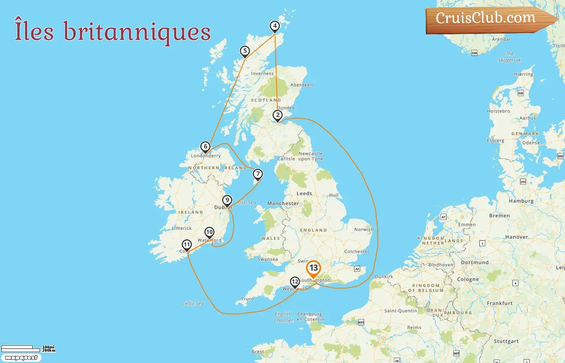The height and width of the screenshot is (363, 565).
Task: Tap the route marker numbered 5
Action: (245, 51)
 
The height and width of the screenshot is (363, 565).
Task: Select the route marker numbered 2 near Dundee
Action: (278, 115)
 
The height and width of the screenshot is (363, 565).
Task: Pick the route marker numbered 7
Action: (257, 174)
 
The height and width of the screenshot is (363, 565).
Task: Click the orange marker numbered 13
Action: (314, 268)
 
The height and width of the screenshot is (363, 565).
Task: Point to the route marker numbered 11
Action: (186, 245)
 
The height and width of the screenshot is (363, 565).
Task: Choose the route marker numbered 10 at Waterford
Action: (209, 232)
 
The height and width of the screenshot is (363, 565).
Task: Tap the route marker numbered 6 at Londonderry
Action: (205, 147)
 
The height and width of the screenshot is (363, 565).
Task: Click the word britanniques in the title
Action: (137, 32)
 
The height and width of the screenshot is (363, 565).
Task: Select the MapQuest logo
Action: (21, 358)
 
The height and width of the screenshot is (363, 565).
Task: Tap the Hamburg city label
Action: (521, 201)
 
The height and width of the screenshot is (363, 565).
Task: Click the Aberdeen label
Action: (301, 85)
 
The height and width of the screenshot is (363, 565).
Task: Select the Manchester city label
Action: (283, 204)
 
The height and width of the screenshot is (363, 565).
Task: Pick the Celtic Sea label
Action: (193, 304)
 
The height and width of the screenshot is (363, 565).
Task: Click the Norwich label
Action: (364, 229)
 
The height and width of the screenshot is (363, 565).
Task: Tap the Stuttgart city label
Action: (506, 341)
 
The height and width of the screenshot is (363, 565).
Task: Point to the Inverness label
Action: (262, 74)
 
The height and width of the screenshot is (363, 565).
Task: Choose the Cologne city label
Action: (468, 280)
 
